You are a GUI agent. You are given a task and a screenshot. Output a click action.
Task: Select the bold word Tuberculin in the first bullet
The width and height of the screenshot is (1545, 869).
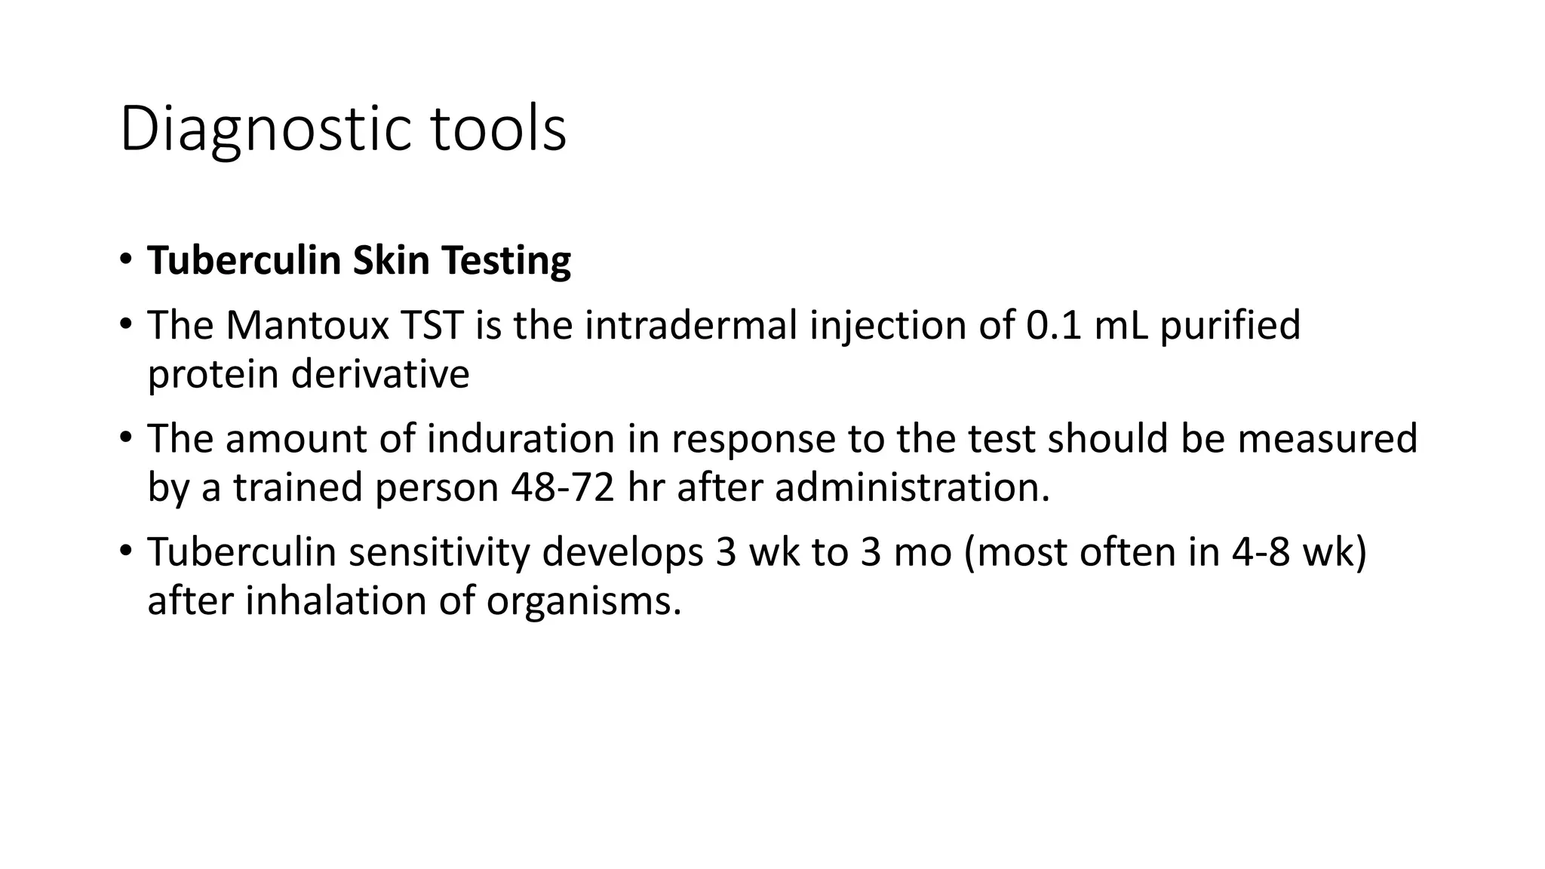coord(244,260)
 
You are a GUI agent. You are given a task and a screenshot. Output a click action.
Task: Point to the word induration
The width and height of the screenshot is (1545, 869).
coord(521,439)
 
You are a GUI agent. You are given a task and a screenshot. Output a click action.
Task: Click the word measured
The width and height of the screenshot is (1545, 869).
coord(1328,439)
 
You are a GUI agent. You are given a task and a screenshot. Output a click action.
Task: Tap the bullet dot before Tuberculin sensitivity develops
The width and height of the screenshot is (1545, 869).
coord(125,549)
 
